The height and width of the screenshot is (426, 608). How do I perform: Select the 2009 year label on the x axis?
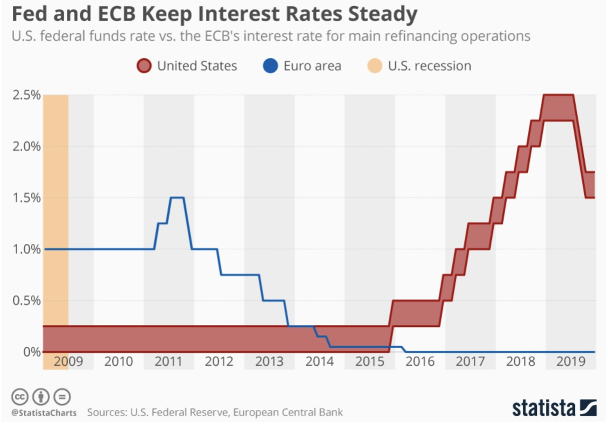coord(68,362)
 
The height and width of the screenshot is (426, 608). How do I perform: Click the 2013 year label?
coord(269,362)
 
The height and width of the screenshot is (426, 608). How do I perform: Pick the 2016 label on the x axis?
coord(420,362)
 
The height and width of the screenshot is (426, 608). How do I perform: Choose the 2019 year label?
coord(571,362)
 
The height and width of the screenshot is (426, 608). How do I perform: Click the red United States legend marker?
coord(144,65)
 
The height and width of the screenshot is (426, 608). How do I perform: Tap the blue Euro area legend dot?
coord(270,65)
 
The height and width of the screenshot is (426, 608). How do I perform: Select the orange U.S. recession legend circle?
coord(375,65)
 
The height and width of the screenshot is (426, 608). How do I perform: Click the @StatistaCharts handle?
coord(44,412)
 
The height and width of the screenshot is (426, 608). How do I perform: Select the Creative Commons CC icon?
coord(20,396)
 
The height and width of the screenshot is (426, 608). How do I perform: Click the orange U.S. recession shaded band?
coord(55,213)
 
